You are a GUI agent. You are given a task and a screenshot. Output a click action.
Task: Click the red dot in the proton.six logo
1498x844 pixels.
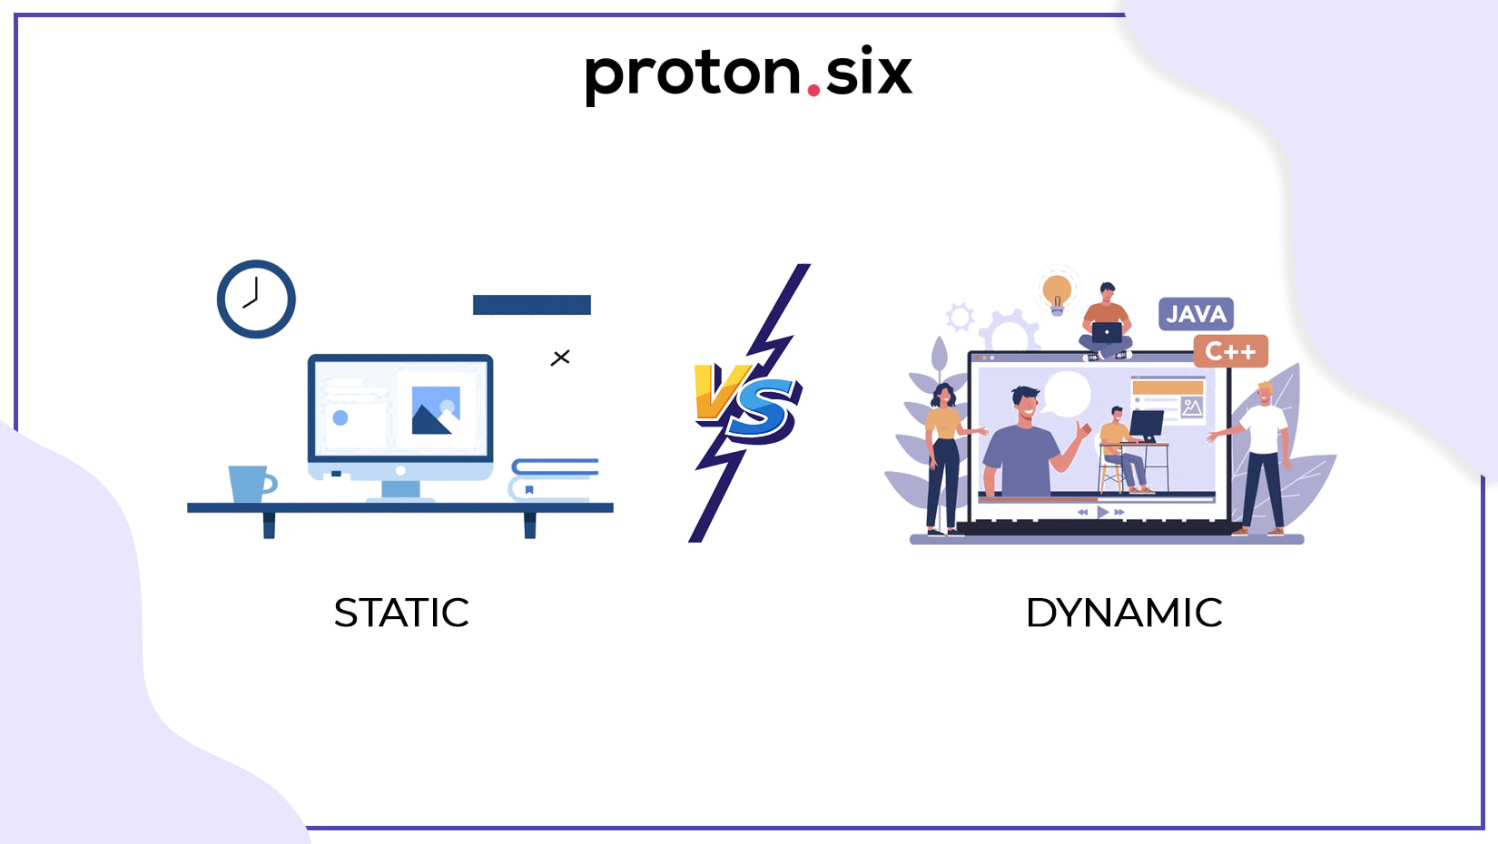(813, 90)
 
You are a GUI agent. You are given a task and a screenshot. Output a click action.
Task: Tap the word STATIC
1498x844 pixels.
(401, 613)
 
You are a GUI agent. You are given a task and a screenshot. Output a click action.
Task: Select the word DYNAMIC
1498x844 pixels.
(1124, 613)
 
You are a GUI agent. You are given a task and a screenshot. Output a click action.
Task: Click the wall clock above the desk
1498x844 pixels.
(256, 299)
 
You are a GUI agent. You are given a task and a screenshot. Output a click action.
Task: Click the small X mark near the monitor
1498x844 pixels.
(560, 358)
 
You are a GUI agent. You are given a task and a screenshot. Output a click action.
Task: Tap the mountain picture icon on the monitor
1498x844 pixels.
(436, 410)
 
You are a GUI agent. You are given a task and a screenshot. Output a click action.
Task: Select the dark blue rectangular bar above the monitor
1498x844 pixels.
(532, 305)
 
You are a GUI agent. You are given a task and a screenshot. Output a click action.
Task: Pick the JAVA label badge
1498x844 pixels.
(1196, 314)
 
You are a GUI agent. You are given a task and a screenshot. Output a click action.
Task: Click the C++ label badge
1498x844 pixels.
(1230, 351)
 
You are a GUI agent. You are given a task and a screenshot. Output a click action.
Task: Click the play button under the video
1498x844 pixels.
(1102, 513)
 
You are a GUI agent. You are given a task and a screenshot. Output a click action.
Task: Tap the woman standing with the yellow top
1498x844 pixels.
(944, 459)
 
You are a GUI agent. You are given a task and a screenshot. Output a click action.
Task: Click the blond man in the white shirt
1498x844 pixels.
(1259, 458)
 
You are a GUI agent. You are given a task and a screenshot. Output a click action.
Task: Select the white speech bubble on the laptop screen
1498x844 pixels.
(1067, 394)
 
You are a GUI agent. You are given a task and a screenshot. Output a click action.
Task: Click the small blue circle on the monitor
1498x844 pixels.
(340, 418)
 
